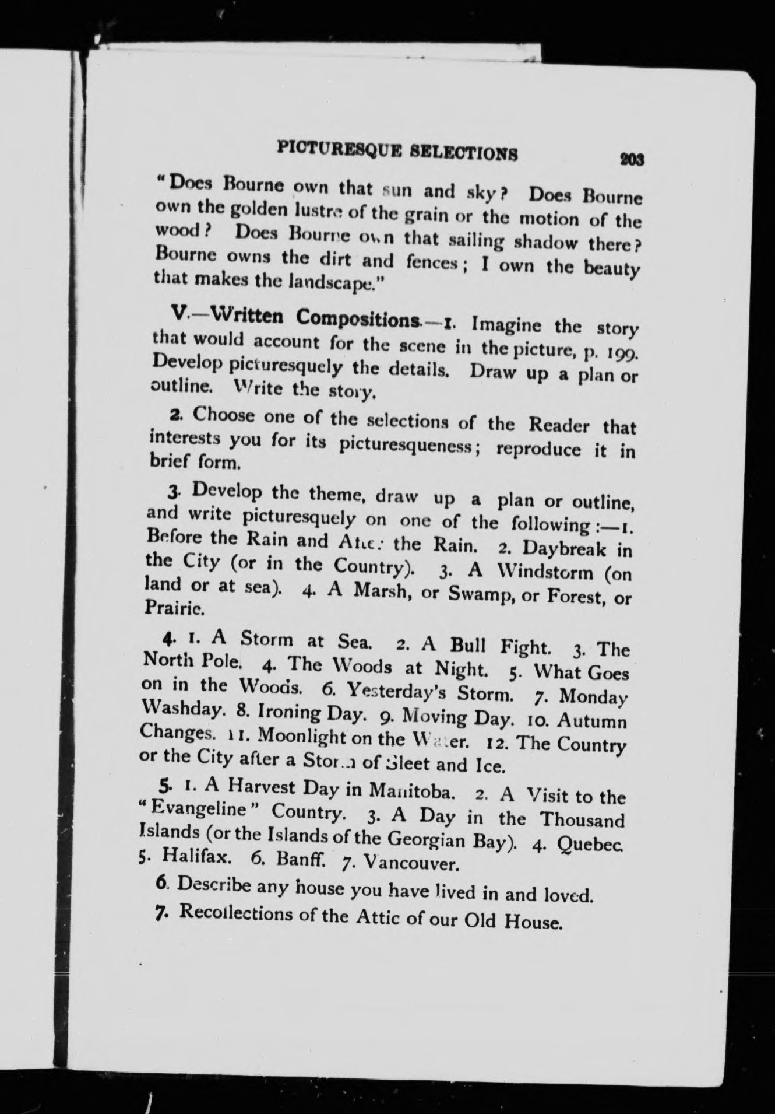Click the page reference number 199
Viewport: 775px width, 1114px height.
[623, 354]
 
